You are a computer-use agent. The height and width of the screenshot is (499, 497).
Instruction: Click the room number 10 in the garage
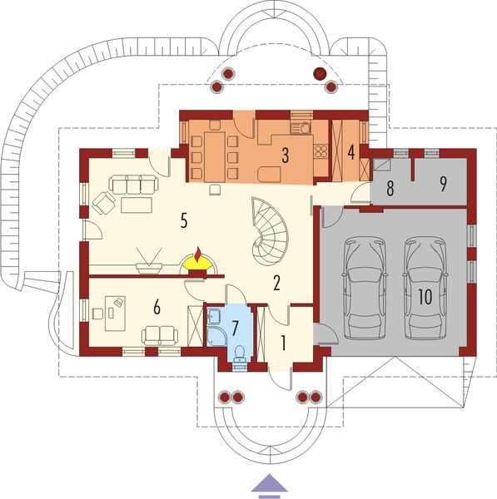[x=425, y=299]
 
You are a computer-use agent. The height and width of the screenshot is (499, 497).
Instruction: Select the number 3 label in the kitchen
[x=285, y=154]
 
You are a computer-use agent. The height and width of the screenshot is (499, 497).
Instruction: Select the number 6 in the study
[x=156, y=306]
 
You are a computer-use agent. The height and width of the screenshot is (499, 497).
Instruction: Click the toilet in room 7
[x=240, y=353]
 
